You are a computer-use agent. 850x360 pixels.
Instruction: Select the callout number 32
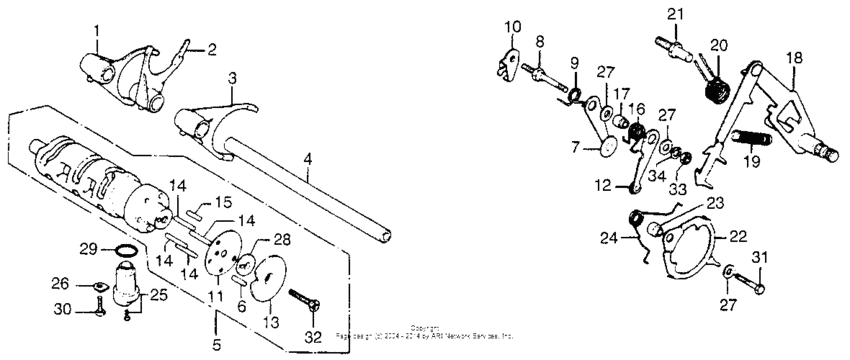tap(313, 338)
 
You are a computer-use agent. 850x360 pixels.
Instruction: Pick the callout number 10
tap(513, 25)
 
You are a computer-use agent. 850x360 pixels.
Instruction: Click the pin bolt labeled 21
tap(675, 45)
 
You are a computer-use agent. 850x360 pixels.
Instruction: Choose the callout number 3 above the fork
tap(232, 77)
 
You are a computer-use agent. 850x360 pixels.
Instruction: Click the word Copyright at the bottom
tap(425, 327)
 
